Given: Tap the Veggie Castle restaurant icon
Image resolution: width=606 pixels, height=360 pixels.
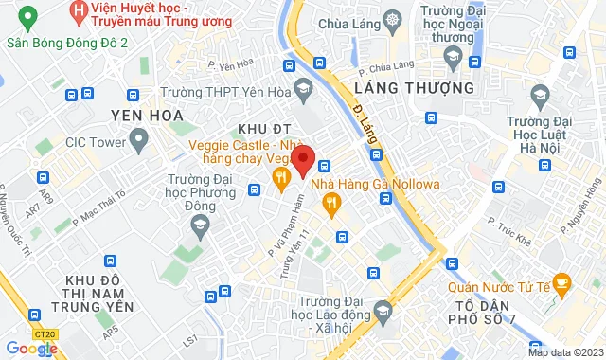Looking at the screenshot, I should tap(280, 178).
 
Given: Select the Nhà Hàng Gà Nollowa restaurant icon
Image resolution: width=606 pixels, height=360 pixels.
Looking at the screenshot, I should tap(330, 201).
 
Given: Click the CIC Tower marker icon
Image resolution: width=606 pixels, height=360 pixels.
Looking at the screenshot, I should tap(139, 143).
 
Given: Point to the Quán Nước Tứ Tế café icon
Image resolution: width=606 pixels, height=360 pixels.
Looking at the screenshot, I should tap(561, 281).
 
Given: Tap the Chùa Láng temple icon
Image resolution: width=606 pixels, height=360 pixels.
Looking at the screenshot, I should tap(392, 20).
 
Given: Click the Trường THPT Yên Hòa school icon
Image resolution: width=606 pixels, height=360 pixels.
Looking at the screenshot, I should tap(303, 92).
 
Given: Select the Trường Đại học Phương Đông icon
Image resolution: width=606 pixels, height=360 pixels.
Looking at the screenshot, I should tap(199, 224).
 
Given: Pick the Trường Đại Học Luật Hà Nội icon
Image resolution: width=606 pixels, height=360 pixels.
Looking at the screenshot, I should tap(540, 94).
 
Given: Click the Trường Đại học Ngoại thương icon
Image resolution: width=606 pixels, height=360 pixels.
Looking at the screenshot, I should tap(452, 59).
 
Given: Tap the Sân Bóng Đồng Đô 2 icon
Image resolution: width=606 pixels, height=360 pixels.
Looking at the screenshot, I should tap(27, 18).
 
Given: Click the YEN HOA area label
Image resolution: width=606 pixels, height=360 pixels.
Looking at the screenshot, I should tap(147, 116).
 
